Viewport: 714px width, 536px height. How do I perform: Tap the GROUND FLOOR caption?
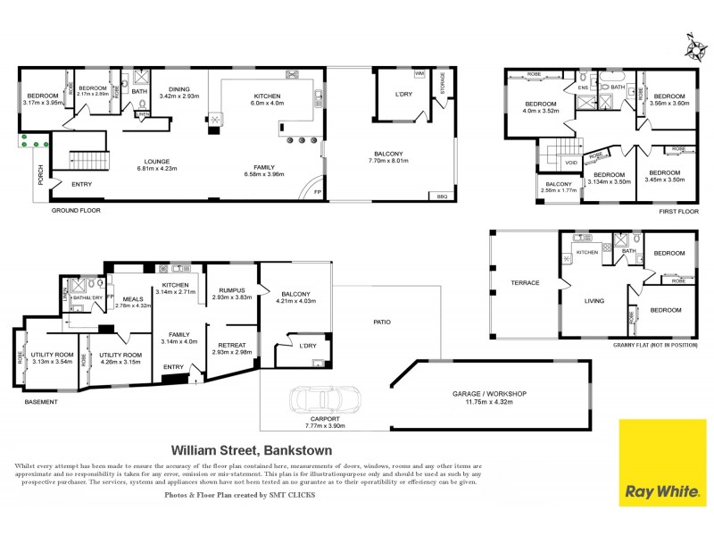coord(75,212)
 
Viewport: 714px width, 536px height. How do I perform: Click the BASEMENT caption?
coord(40,402)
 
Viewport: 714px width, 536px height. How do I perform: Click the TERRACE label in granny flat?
coord(525,282)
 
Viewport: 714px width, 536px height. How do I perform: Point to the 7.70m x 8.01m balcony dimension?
coord(389,162)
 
